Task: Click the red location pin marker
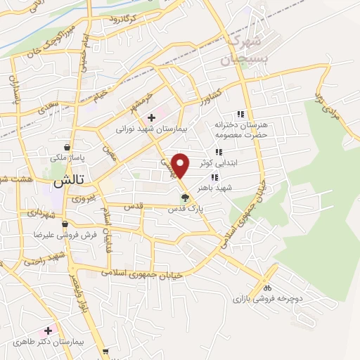coord(181,165)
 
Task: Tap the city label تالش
coord(63,180)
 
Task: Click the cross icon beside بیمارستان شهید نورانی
coord(151,117)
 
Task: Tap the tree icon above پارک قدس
coord(185,198)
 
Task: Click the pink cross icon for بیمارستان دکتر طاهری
coord(48,330)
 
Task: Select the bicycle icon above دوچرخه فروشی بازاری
coord(266,288)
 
